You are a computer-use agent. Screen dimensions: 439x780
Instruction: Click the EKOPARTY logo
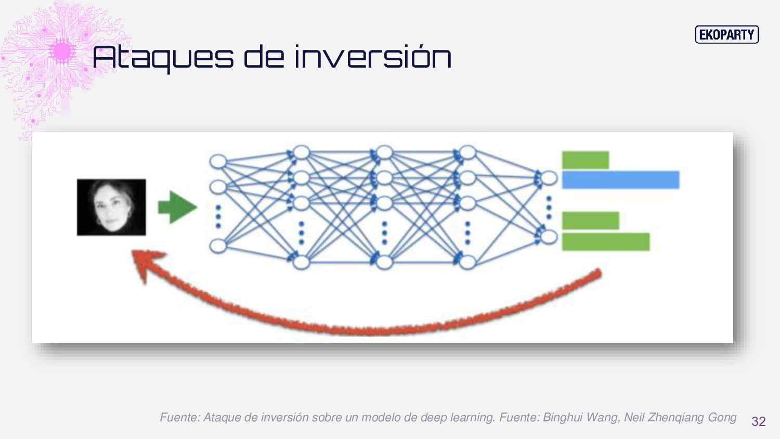tap(726, 35)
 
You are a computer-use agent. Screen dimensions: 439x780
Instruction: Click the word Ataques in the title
tap(163, 57)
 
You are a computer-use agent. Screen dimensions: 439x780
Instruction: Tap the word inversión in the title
tap(372, 57)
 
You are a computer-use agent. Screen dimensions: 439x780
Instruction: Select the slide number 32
tap(759, 421)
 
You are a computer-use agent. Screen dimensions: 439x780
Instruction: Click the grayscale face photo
tap(111, 207)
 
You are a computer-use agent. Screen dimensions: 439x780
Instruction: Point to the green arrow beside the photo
tap(177, 207)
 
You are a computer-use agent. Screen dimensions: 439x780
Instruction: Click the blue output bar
tap(620, 179)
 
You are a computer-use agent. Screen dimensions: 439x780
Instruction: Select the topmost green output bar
tap(585, 160)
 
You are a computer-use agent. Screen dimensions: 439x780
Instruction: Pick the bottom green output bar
tap(606, 242)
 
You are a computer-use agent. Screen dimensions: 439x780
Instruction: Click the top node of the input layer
tap(218, 161)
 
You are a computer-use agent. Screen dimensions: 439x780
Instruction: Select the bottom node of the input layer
tap(218, 246)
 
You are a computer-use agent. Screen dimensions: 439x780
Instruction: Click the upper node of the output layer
tap(549, 179)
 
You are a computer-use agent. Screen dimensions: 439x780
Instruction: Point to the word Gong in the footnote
tap(722, 417)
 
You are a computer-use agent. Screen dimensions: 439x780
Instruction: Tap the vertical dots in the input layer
tap(218, 216)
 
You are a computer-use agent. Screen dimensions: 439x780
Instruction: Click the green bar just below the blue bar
tap(590, 221)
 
